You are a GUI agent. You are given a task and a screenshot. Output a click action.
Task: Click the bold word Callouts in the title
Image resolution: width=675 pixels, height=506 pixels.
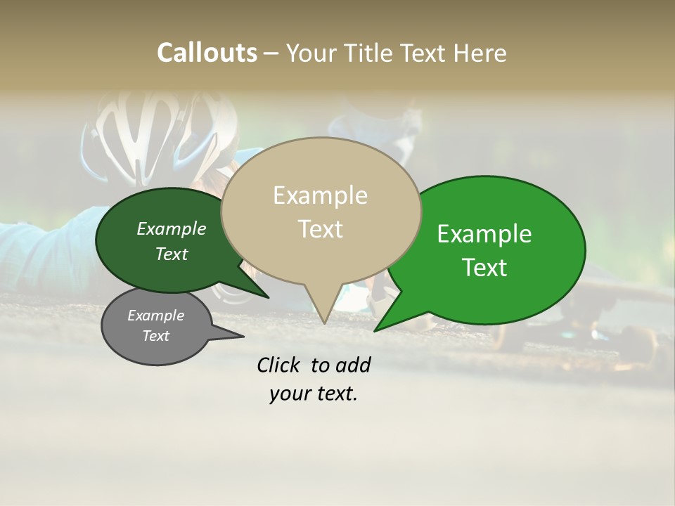(x=207, y=53)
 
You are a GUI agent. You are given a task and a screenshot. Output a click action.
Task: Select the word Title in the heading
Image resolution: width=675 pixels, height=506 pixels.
(x=371, y=53)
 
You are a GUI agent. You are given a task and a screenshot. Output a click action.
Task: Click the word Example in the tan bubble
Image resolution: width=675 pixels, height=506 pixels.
(x=320, y=195)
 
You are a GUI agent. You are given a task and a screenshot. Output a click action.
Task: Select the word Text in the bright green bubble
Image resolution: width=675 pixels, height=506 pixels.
(x=485, y=268)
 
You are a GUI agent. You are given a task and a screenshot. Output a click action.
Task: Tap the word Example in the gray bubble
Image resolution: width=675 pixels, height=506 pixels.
(x=155, y=316)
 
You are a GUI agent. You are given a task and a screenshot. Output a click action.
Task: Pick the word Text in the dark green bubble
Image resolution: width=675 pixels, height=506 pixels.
(x=171, y=254)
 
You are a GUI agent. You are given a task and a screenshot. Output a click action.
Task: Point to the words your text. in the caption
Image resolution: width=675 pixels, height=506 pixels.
(x=313, y=394)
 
